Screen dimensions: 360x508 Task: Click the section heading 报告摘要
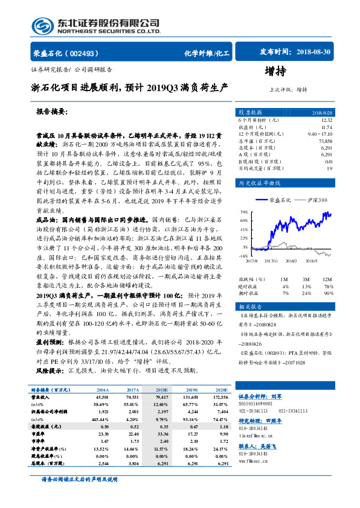tap(52, 112)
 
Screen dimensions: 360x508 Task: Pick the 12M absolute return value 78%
tap(328, 286)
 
